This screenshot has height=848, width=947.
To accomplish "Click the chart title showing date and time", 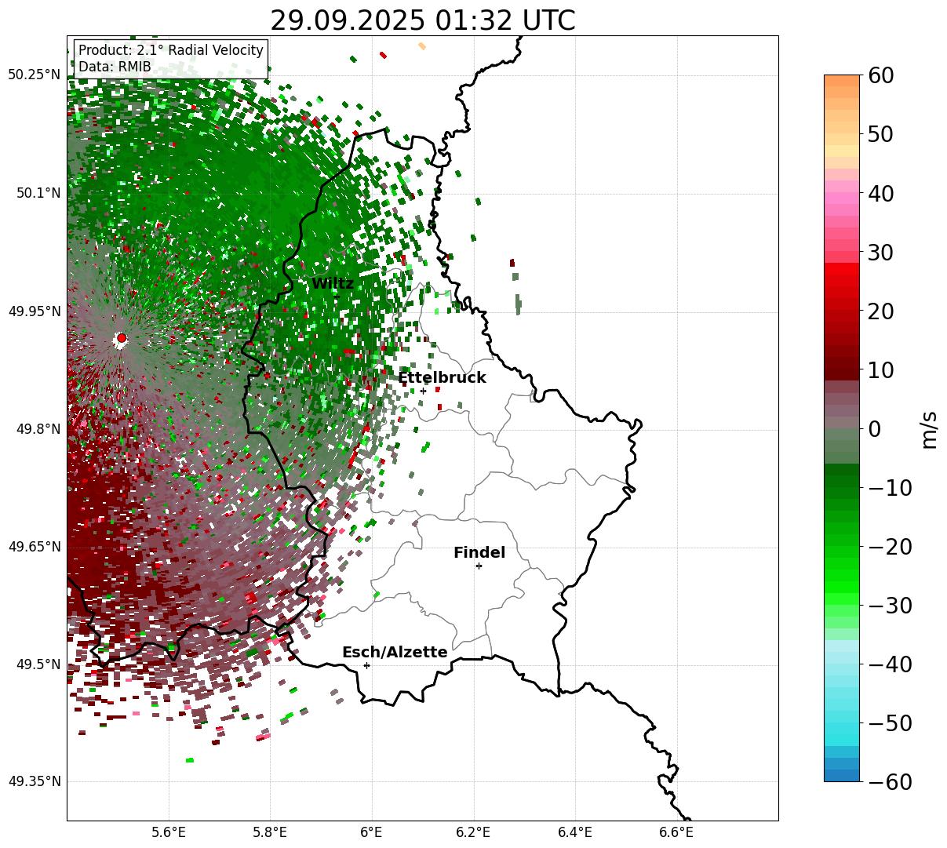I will pos(422,20).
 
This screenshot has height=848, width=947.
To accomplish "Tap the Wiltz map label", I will pos(333,284).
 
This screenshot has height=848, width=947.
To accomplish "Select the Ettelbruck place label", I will pos(442,378).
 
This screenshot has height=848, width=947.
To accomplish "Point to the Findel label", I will pos(479,553).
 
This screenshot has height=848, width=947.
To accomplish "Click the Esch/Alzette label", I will pos(395,653).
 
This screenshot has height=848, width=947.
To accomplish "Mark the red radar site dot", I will pos(122,338).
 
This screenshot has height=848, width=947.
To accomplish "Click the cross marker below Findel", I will pos(479,566).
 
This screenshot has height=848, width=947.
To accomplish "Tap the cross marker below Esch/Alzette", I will pos(366,665).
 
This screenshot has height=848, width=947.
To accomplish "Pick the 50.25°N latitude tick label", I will pos(35,75).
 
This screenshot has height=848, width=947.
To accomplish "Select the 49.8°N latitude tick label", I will pos(38,429).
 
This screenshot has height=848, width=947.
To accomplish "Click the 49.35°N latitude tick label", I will pos(35,781).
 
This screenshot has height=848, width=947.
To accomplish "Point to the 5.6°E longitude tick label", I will pos(169,832).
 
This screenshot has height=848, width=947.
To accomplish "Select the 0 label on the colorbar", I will pos(874,429).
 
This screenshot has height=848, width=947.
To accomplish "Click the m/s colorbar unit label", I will pos(930,429).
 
